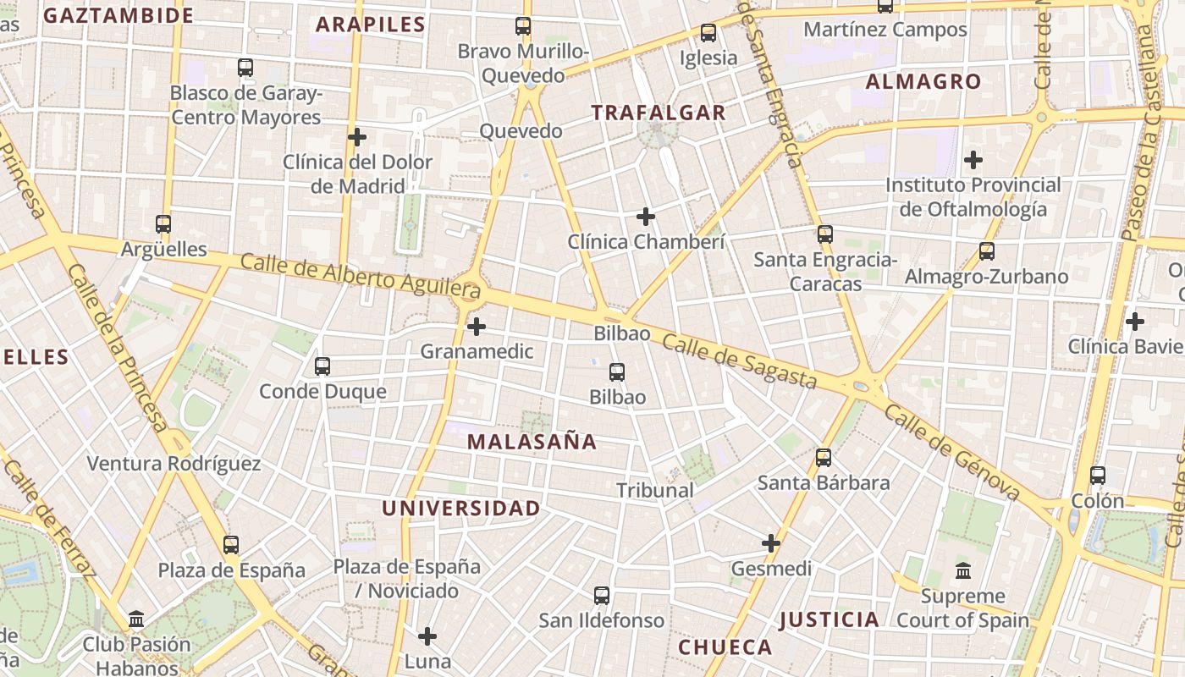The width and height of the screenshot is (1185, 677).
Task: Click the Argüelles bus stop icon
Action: click(x=163, y=224)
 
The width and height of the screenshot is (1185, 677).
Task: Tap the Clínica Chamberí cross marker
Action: click(x=646, y=217)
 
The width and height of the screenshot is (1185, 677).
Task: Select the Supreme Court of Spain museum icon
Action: click(x=963, y=571)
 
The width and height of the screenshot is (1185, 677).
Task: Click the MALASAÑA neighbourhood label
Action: click(x=532, y=442)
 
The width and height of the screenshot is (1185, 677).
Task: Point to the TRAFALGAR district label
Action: click(x=658, y=113)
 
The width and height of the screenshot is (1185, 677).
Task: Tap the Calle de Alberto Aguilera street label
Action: click(x=361, y=280)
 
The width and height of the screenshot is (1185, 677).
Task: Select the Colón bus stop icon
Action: click(x=1098, y=476)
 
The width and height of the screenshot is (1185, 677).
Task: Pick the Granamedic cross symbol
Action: click(x=477, y=326)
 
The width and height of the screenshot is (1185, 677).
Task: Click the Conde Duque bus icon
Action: click(x=322, y=366)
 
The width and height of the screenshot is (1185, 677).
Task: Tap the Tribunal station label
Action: click(x=654, y=490)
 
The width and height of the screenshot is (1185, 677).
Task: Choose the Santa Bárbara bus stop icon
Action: click(x=824, y=458)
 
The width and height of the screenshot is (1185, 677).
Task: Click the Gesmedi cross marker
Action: click(x=771, y=543)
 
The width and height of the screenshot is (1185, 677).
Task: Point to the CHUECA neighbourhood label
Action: click(x=725, y=647)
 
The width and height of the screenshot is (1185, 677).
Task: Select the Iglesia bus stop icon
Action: click(x=708, y=33)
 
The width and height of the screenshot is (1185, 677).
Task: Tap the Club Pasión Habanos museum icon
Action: click(x=136, y=619)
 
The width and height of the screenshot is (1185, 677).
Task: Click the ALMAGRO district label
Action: click(x=923, y=82)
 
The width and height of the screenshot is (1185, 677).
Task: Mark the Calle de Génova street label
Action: click(x=951, y=452)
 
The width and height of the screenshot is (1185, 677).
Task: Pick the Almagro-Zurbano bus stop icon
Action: click(x=987, y=251)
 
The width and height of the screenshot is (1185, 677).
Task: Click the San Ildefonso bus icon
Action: click(x=602, y=596)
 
